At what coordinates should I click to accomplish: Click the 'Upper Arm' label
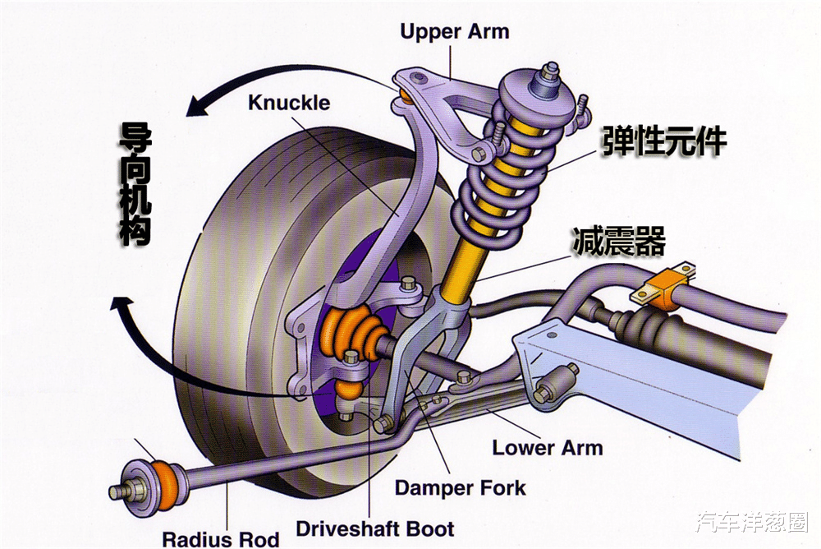click(455, 31)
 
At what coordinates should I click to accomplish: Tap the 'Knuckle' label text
click(289, 102)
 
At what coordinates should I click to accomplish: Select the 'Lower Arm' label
click(547, 448)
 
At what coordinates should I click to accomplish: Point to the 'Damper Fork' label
click(461, 487)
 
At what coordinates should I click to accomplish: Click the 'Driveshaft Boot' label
click(375, 528)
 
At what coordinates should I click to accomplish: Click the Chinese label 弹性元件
click(664, 141)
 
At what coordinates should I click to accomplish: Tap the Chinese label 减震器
click(619, 241)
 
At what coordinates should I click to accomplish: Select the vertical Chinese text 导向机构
click(135, 184)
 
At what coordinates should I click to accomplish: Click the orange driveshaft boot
click(350, 334)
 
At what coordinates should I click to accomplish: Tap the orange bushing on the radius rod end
click(167, 485)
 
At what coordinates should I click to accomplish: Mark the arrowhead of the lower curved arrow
click(122, 305)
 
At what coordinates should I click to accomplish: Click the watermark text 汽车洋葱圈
click(752, 522)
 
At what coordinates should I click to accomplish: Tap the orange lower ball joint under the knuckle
click(347, 389)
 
